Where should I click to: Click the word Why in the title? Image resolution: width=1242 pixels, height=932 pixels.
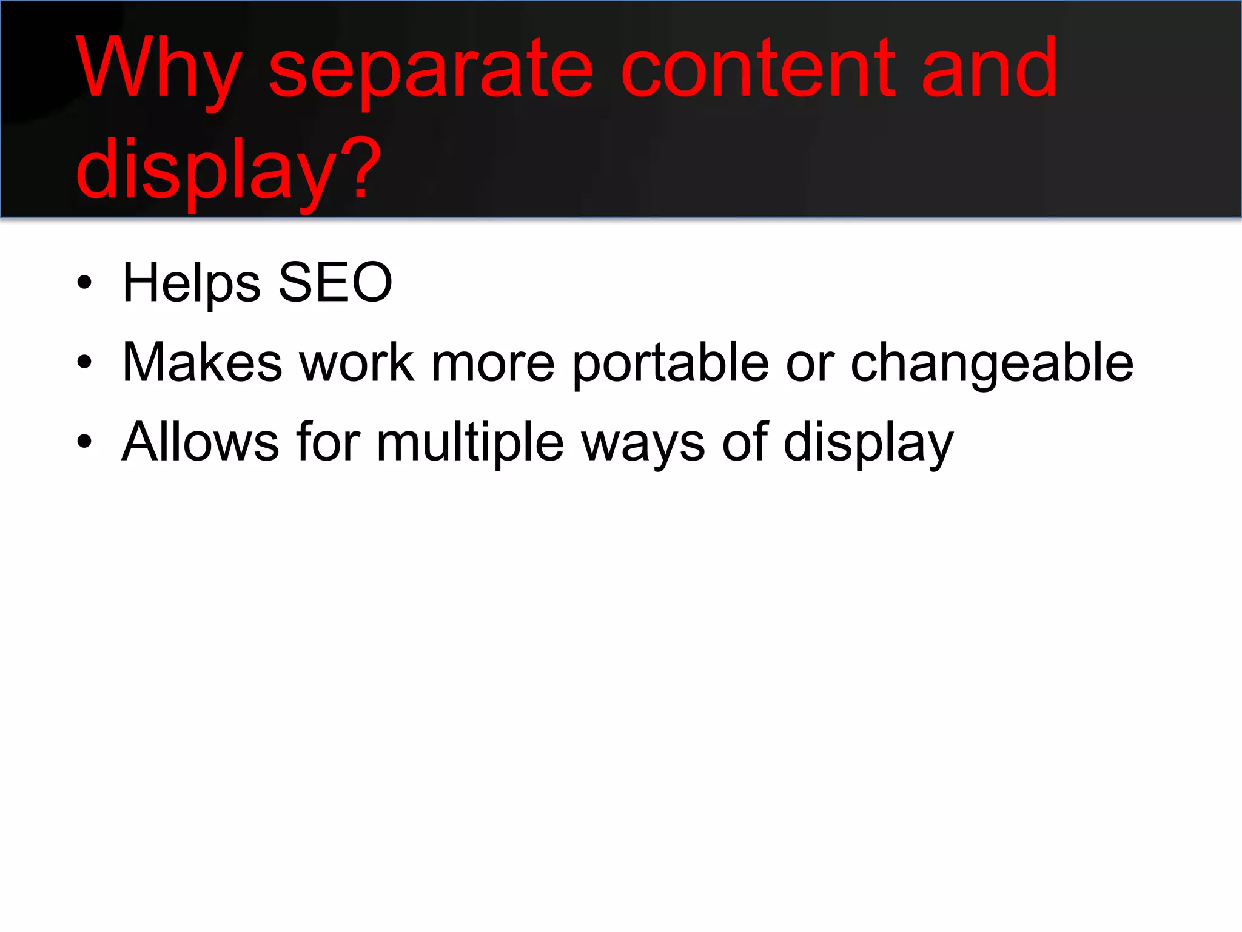(159, 68)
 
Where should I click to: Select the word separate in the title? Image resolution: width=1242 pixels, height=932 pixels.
(431, 68)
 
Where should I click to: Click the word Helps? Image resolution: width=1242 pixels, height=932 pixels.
(191, 283)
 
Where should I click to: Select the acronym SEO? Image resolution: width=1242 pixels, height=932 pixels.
(335, 283)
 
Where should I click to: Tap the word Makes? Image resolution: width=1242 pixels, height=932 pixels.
(202, 362)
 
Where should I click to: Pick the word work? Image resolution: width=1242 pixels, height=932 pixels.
(357, 362)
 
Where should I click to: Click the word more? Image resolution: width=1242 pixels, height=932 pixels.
(492, 362)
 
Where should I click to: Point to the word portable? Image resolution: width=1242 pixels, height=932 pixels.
(671, 362)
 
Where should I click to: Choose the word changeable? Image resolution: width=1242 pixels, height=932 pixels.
(992, 362)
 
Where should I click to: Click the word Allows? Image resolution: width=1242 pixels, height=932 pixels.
(200, 442)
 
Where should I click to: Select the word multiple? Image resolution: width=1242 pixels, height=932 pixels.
(470, 442)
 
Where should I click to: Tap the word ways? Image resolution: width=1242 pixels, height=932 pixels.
(643, 442)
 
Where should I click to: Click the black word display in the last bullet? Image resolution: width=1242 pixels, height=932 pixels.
(868, 442)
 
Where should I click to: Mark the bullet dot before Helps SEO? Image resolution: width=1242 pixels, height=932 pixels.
(84, 282)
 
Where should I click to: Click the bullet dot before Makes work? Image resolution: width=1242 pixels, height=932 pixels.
(84, 362)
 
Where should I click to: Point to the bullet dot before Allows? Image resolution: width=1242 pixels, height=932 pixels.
(84, 442)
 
